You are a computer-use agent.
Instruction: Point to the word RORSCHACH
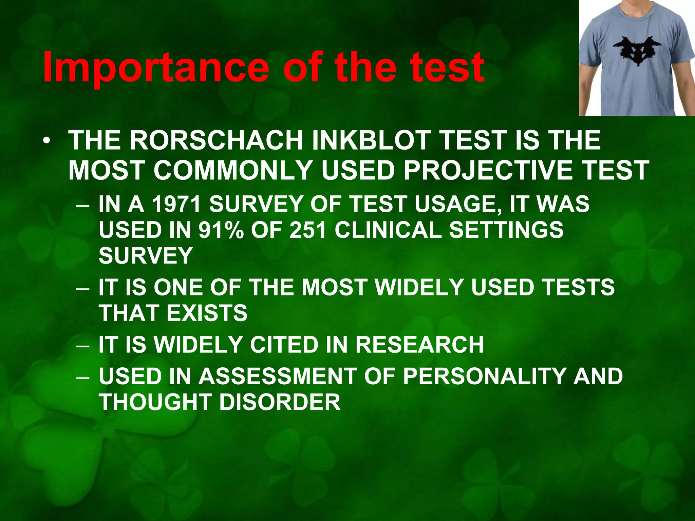coord(216,140)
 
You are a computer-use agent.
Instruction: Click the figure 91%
coord(221,230)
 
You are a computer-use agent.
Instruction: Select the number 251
coord(307,230)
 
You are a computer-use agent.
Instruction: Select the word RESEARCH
coord(419,345)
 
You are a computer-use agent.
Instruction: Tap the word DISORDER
coord(280,402)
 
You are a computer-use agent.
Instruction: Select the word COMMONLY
coord(233,170)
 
